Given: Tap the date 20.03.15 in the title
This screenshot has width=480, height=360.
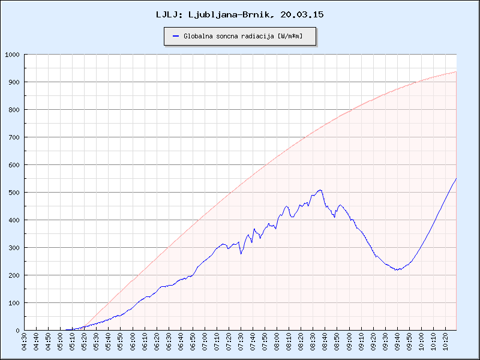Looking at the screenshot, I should [302, 14].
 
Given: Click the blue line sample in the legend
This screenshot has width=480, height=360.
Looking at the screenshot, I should [176, 36].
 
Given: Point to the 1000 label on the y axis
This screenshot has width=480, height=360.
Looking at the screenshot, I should [12, 55].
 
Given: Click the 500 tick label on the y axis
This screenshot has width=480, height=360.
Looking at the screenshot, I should [14, 193].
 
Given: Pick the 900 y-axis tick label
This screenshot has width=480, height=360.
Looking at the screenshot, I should [14, 82].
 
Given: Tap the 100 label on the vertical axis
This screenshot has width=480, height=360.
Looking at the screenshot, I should [14, 303].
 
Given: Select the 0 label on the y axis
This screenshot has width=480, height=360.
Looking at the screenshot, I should [18, 331].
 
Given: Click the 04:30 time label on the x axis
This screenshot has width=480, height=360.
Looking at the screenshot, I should [25, 340].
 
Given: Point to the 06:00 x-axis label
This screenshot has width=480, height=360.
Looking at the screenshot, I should [133, 340].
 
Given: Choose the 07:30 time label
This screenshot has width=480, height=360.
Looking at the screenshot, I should [241, 340].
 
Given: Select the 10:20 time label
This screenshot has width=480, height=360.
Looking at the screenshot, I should [445, 340].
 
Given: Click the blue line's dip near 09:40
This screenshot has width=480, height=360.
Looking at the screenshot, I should [397, 270].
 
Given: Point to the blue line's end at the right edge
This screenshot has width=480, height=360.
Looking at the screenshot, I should [456, 179].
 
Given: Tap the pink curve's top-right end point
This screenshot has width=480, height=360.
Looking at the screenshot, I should [456, 72].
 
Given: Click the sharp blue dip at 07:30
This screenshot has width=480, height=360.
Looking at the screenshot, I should [241, 254].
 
